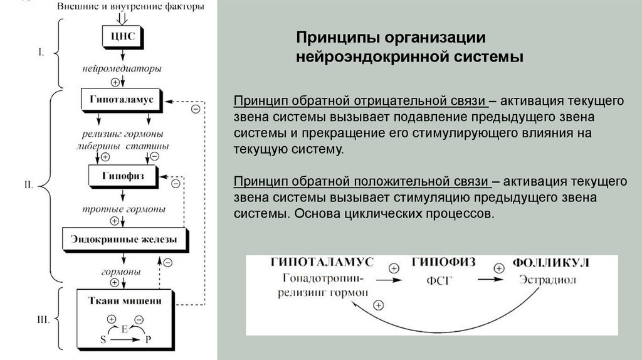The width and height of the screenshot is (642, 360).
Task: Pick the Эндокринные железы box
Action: (x=124, y=239)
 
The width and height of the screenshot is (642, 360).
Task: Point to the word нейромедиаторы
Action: (x=121, y=67)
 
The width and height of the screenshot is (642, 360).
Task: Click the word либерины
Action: (x=100, y=146)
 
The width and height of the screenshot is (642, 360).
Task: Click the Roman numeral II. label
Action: (x=28, y=185)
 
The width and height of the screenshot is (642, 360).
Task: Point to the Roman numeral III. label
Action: (x=43, y=320)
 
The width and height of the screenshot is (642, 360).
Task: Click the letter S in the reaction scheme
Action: (x=103, y=339)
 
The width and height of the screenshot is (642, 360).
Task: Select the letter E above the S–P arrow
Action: (x=125, y=329)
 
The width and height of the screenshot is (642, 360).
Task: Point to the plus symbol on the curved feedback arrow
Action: (x=378, y=305)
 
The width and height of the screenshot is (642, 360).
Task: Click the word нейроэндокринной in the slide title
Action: (x=366, y=58)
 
